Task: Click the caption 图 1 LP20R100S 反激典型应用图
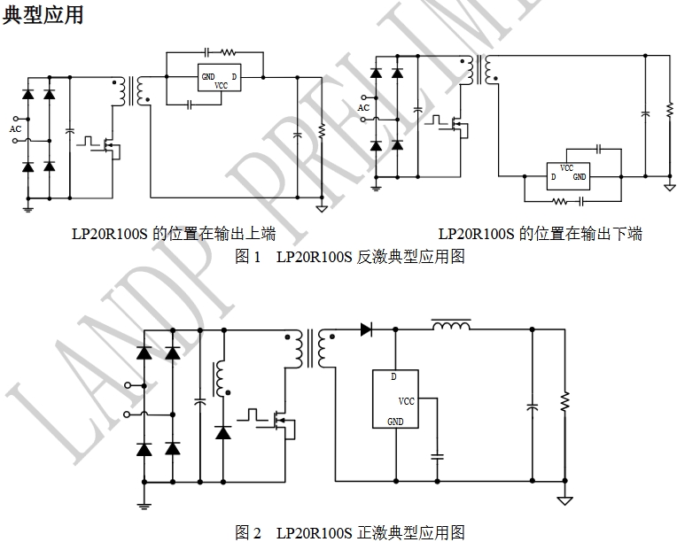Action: [x=349, y=258]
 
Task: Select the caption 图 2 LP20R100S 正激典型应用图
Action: [x=349, y=532]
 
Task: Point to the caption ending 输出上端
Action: [x=174, y=235]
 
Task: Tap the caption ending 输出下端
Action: [x=540, y=235]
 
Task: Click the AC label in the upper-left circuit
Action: [x=15, y=129]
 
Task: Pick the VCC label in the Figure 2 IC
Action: [x=406, y=401]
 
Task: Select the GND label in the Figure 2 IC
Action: [x=396, y=422]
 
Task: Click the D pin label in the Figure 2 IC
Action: [x=393, y=376]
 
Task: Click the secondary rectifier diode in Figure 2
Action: [x=365, y=329]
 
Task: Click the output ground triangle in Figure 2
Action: [x=564, y=500]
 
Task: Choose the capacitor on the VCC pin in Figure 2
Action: [x=436, y=457]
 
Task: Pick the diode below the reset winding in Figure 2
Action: [x=222, y=433]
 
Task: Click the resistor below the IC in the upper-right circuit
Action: [x=560, y=201]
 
